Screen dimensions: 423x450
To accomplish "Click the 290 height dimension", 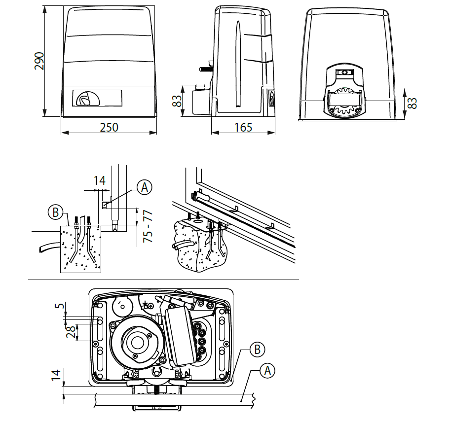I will [39, 61].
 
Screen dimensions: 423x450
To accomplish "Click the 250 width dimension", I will [109, 127].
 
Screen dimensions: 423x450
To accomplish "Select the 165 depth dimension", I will [243, 127].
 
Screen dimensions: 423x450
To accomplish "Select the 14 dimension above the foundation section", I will [100, 181].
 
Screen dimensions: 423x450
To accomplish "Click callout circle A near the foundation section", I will [144, 187].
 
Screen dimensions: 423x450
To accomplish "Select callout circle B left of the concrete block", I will [55, 213].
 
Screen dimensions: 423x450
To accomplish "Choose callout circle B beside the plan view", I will [257, 350].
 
